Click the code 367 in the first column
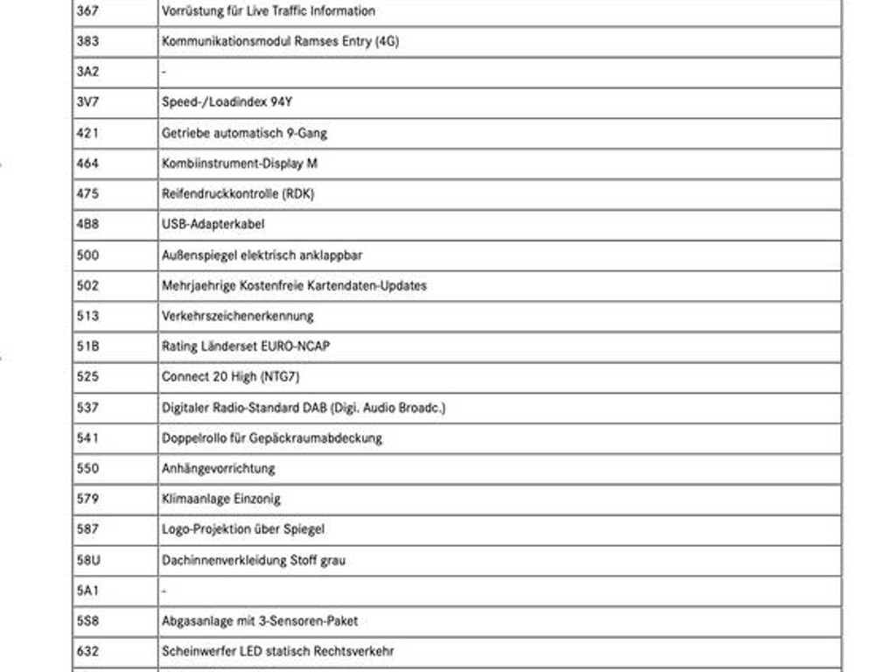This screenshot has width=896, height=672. click(x=87, y=11)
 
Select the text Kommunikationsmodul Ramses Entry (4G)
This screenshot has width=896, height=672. click(x=280, y=41)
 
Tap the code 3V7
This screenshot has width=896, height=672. click(x=87, y=102)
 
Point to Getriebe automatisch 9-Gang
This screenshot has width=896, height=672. click(x=245, y=133)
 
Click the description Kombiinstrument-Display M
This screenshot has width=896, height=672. click(x=239, y=164)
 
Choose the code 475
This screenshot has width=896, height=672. click(x=87, y=194)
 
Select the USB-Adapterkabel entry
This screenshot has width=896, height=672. click(x=213, y=225)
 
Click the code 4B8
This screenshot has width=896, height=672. click(x=87, y=225)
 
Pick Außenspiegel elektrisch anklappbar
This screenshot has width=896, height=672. click(x=262, y=255)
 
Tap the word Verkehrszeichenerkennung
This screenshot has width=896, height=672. click(x=237, y=316)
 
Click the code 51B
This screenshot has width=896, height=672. click(x=87, y=346)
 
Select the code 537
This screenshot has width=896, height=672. click(x=87, y=408)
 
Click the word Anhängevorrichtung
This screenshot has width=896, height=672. click(x=218, y=468)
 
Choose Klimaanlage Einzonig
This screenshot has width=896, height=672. click(x=220, y=499)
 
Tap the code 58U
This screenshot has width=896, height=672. click(x=87, y=560)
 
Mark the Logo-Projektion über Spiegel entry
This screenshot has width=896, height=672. click(x=243, y=529)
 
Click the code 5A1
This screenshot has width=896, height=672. click(x=87, y=591)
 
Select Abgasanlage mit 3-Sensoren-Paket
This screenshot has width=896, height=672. click(x=259, y=621)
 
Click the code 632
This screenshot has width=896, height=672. click(x=87, y=652)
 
